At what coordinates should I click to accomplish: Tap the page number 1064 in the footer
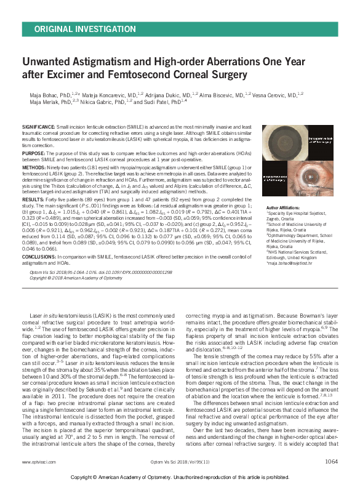pos(332,460)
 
